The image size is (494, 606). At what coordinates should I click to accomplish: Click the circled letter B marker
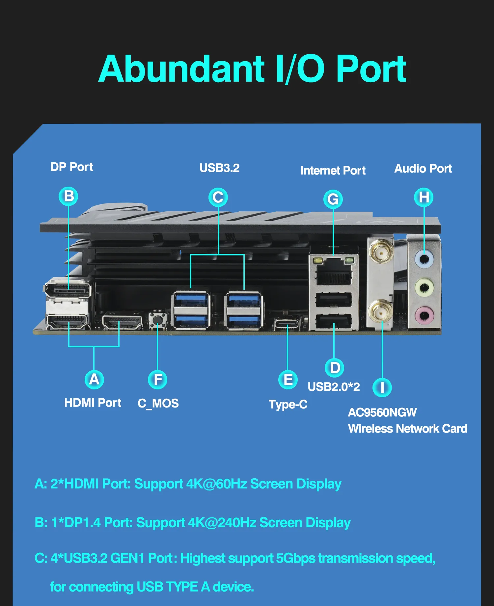[x=69, y=196]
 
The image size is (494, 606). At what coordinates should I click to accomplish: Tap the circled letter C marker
[x=218, y=197]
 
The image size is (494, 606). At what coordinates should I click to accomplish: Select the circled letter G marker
[x=333, y=199]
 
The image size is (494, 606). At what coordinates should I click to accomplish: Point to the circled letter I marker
[x=382, y=387]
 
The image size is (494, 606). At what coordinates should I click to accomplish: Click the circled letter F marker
[x=158, y=380]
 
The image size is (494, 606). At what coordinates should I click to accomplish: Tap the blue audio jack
[x=424, y=259]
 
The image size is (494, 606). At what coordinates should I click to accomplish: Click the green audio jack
[x=424, y=287]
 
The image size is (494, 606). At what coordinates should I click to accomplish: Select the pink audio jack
[x=424, y=315]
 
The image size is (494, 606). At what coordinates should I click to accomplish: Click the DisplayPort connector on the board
[x=68, y=290]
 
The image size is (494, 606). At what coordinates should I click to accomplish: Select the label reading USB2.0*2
[x=334, y=387]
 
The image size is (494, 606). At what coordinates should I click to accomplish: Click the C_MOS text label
[x=158, y=403]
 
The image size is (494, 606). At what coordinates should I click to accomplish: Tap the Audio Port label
[x=423, y=169]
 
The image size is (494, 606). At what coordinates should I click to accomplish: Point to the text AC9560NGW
[x=382, y=412]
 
